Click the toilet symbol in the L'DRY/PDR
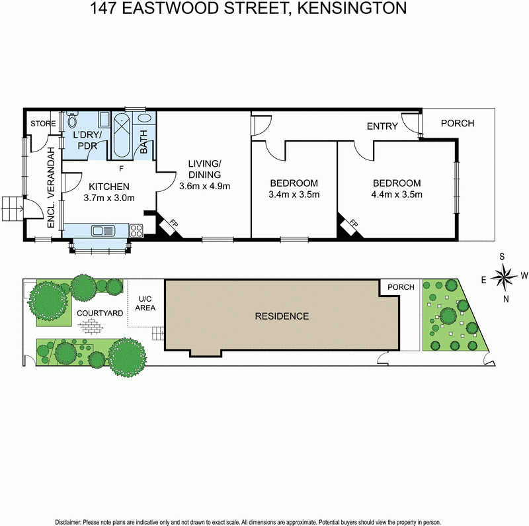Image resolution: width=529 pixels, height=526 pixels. point(72,122)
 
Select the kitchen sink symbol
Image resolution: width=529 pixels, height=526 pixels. point(103,231)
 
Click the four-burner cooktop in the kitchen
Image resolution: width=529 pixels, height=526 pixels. point(136,231)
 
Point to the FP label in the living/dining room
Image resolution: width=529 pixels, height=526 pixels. point(174,224)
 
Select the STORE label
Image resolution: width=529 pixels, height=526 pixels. point(42,124)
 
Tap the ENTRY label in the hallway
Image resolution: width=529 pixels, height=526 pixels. point(382,126)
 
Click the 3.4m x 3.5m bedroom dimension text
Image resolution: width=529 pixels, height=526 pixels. point(294,195)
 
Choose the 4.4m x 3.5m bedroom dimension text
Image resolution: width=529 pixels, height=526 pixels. point(397,195)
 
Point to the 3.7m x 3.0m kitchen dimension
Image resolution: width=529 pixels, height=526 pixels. point(109,197)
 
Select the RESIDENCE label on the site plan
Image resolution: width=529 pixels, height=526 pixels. point(282,316)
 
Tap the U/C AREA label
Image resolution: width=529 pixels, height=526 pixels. point(145,303)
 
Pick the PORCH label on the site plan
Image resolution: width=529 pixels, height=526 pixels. point(401,287)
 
